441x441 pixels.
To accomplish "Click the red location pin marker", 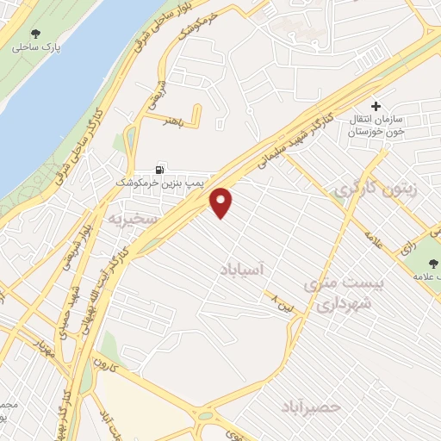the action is tap(222, 202).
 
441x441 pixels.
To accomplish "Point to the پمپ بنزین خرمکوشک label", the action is tap(159, 183).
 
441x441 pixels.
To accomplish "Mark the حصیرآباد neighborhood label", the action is tap(312, 406).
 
